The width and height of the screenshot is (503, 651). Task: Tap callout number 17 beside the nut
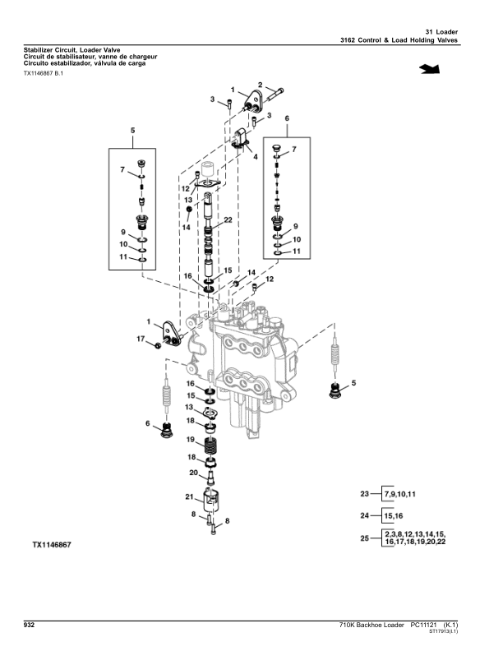click(141, 339)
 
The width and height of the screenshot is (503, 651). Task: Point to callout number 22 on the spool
click(228, 220)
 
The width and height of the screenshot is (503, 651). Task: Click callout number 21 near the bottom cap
click(188, 496)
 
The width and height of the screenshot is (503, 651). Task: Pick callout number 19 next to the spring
click(189, 440)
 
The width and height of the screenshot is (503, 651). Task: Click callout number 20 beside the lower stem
click(193, 473)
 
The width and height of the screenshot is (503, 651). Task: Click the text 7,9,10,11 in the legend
click(400, 494)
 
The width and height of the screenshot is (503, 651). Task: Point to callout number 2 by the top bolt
click(260, 85)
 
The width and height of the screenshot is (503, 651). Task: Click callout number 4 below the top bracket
click(255, 155)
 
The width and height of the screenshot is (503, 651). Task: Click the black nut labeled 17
click(157, 342)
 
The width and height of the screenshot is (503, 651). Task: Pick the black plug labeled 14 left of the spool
click(189, 210)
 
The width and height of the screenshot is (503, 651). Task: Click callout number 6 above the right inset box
click(288, 118)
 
